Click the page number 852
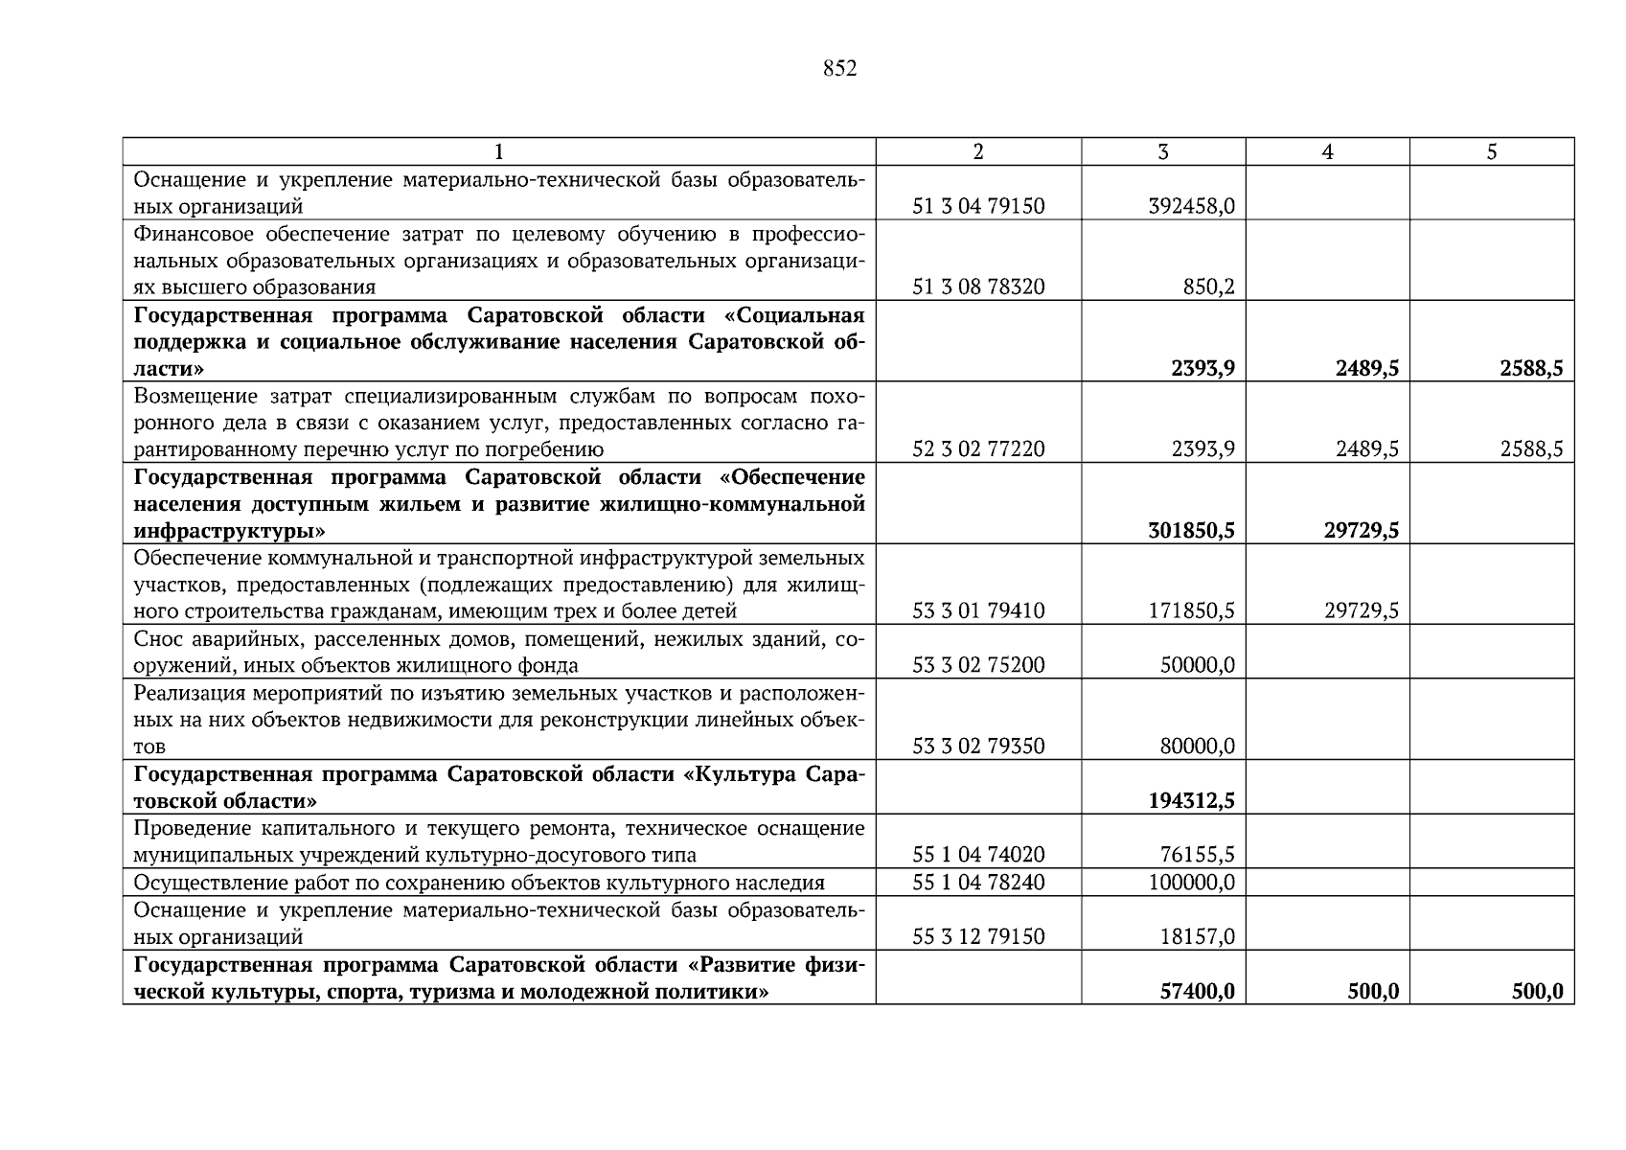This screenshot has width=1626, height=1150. pos(839,69)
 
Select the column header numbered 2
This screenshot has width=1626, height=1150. pos(977,151)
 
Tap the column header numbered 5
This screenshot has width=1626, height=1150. pos(1491,151)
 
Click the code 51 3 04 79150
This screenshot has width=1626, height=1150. pos(978,206)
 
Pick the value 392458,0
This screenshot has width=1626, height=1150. pos(1191,206)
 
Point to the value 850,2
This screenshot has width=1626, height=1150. pos(1208,287)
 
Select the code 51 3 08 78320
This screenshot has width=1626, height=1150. pos(978,287)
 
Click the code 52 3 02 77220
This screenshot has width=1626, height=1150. pos(978,448)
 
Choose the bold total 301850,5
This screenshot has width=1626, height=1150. pos(1191,530)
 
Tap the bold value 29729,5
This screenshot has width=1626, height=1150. pos(1361,530)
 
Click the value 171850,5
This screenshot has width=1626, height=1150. pos(1191,610)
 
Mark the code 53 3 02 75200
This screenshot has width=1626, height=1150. pos(978,665)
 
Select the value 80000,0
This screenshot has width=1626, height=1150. pos(1197,746)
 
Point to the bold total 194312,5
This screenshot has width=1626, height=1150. pos(1191,800)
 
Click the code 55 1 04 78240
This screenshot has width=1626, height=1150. pos(978,882)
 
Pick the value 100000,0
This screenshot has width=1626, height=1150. pos(1191,882)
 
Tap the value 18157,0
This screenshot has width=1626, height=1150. pos(1197,936)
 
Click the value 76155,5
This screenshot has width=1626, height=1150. pos(1197,855)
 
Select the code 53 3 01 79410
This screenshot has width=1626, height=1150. pos(978,610)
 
